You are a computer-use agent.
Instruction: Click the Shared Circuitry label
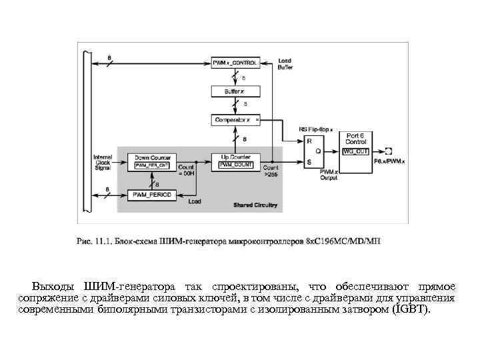(x=255, y=205)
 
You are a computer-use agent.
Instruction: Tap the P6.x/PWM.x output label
(x=388, y=161)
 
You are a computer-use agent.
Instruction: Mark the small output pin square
(x=388, y=151)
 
